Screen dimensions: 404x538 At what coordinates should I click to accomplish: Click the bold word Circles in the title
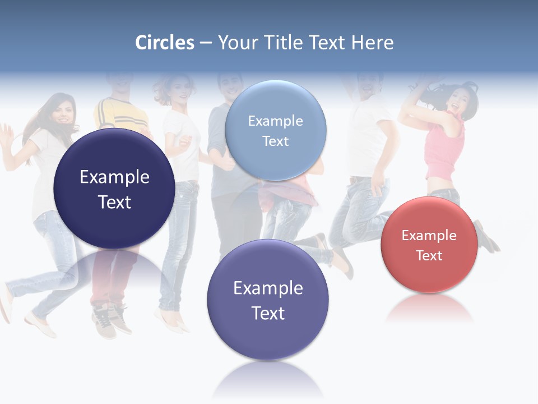click(165, 43)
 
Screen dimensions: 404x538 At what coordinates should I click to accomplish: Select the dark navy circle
click(114, 189)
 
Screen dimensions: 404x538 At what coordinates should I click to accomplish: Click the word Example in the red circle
click(429, 236)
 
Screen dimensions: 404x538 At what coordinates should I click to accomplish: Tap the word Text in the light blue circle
click(275, 141)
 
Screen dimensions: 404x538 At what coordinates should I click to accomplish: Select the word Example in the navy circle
click(114, 177)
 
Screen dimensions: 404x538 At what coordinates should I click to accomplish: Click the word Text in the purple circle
click(268, 313)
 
